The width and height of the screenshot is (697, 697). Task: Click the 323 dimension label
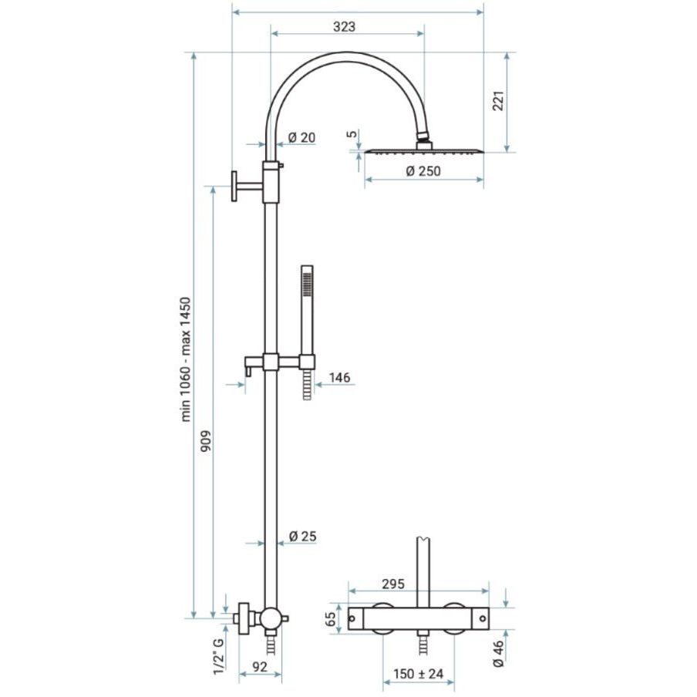[x=345, y=27]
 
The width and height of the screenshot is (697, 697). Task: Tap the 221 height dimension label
[x=498, y=101]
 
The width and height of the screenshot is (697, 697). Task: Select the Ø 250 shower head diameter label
[x=423, y=170]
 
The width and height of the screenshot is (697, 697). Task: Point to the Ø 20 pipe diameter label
[x=301, y=138]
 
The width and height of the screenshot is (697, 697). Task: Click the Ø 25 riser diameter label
[x=303, y=536]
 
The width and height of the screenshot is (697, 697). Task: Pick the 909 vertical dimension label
[x=206, y=441]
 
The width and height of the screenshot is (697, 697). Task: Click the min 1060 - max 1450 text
[x=186, y=359]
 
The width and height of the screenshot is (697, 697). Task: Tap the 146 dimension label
[x=339, y=377]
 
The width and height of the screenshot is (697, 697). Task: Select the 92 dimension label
[x=260, y=666]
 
